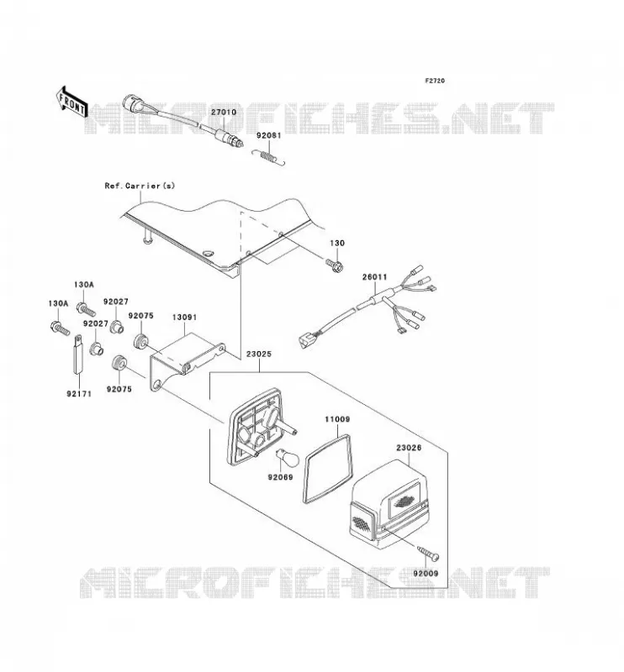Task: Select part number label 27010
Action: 223,113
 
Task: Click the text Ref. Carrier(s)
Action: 140,186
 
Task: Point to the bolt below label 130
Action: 335,265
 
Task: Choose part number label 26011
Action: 375,277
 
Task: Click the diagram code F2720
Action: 435,81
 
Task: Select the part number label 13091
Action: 184,318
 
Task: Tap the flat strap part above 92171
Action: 78,354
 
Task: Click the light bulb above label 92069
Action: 283,457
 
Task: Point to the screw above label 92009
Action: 428,553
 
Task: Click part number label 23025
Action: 259,354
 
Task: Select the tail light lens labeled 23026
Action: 389,505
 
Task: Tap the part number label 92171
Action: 79,393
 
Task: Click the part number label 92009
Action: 426,573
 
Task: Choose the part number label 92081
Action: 269,135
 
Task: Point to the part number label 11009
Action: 337,419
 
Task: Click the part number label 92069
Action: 280,477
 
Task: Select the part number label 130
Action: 337,243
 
